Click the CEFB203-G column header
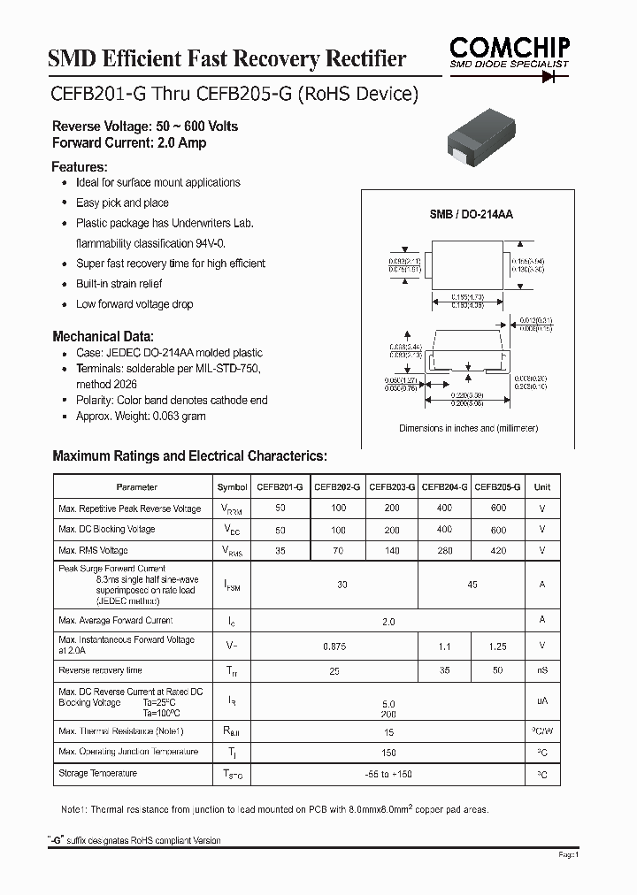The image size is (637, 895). pos(391,487)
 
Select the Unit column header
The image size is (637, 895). pos(542,487)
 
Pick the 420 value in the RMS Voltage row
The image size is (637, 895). pos(497,550)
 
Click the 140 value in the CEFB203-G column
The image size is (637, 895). pos(391,550)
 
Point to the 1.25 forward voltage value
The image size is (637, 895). pos(497,646)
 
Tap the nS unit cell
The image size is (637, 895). pos(542,670)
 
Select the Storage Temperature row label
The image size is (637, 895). pos(97,774)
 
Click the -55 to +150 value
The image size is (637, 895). pos(388,775)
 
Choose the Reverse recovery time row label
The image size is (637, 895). pos(100,670)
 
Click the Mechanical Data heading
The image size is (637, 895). pos(104,336)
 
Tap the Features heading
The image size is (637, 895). pos(80,166)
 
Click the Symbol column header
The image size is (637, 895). pos(233,487)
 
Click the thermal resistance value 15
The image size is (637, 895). pos(388,732)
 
